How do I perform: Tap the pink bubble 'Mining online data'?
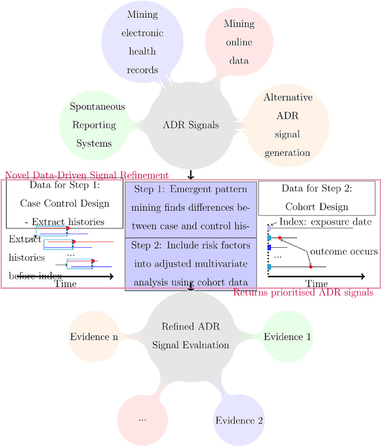[238, 42]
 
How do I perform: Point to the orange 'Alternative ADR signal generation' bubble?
[288, 125]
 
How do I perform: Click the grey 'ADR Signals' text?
[190, 125]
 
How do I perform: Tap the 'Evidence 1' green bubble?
[288, 337]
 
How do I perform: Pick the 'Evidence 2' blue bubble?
[239, 420]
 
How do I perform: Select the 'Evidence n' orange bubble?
[93, 337]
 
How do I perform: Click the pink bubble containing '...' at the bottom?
[142, 419]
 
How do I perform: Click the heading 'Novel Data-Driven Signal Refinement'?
[87, 175]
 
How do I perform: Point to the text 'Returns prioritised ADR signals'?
[303, 292]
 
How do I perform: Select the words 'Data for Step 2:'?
[316, 189]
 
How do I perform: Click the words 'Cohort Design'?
[316, 207]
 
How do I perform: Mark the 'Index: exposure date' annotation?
[326, 222]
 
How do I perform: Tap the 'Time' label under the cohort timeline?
[316, 284]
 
